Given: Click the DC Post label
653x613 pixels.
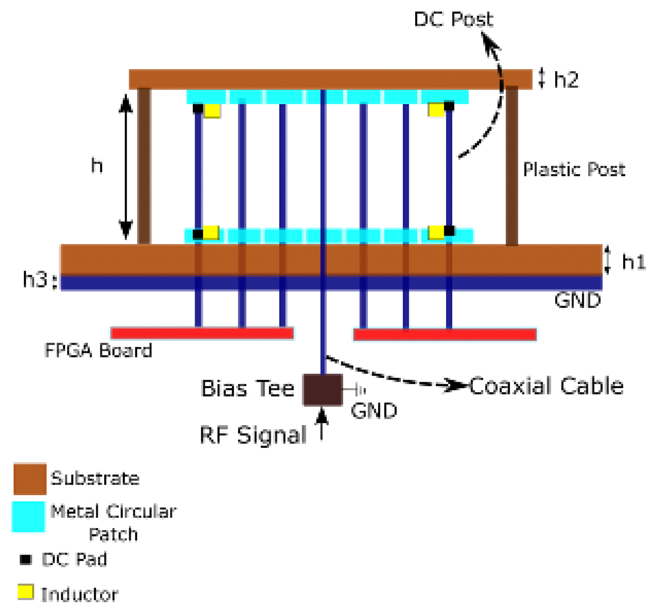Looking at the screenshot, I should tap(453, 19).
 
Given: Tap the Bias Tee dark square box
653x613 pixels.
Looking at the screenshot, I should tap(323, 389).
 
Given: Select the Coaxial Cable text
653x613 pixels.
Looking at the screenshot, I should tap(546, 386).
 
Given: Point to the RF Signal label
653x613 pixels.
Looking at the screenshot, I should tap(253, 435).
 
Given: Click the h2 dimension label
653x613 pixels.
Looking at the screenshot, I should tap(566, 79).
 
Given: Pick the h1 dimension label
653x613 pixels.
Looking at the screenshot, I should tap(633, 262).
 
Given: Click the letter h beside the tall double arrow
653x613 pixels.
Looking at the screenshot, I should tap(97, 165).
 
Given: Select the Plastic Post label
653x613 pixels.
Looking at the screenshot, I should tap(574, 169).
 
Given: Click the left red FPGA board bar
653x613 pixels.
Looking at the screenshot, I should tap(202, 333).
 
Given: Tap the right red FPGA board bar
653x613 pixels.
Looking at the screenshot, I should tap(445, 334).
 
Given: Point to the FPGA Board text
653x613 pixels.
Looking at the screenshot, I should tap(98, 350).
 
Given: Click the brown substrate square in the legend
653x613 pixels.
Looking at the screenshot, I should tap(30, 479).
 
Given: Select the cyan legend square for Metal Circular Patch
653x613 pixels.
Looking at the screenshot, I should tap(28, 516).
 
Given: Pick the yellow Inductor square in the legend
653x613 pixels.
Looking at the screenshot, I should tap(25, 592).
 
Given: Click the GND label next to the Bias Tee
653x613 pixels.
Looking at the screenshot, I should tap(374, 411).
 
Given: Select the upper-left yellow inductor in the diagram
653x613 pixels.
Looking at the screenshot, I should tap(212, 111).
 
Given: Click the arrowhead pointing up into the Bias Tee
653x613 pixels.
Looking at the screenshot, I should tap(322, 416).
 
